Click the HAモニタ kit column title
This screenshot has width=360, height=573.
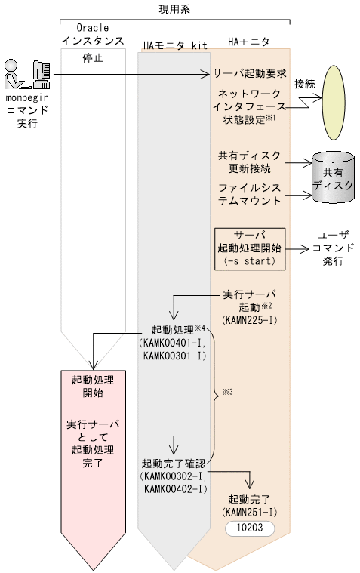tap(174, 43)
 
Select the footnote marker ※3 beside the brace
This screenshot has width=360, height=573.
tap(226, 393)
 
